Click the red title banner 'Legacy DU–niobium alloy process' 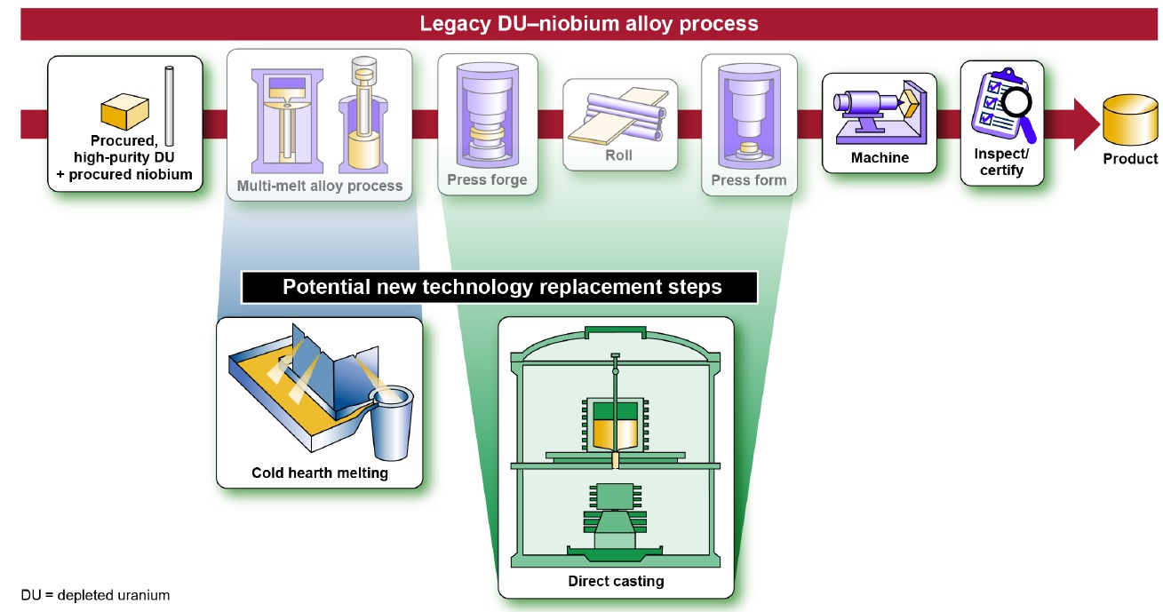point(581,23)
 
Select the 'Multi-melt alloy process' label point(320,187)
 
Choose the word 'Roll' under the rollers point(619,155)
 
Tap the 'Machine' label point(880,158)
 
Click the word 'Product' point(1130,159)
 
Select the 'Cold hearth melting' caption point(320,473)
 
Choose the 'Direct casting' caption point(616,582)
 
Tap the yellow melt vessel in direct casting point(616,433)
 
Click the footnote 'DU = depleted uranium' point(95,595)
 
